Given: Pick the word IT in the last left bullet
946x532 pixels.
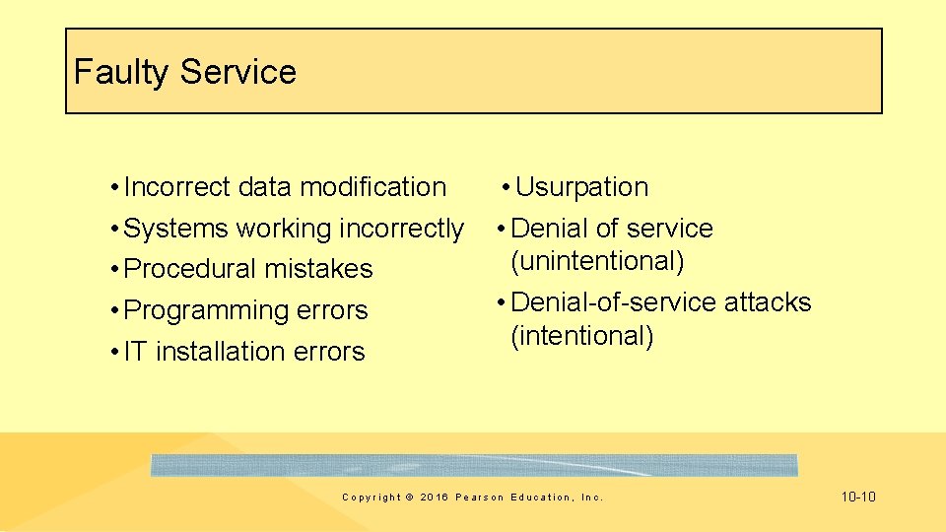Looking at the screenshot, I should coord(136,352).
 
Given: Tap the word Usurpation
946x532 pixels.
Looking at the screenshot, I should coord(581,187).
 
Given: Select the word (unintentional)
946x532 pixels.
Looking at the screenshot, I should coord(597,261).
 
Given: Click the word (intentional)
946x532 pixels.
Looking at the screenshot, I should coord(581,336).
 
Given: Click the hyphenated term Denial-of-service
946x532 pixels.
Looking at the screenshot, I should coord(614,302).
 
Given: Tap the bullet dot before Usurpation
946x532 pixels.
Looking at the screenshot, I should coord(505,187).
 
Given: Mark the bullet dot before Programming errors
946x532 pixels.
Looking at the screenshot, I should coord(116,310).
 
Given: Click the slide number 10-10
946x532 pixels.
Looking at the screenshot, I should coord(857,497).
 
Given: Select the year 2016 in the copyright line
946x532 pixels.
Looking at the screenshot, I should coord(433,498).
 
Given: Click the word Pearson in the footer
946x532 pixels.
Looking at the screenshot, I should coord(479,498).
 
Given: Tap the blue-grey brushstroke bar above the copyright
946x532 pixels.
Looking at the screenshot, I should coord(474,465).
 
